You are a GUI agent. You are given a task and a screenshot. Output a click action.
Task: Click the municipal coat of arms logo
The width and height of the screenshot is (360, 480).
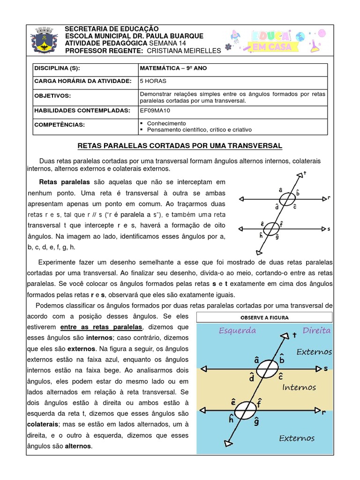click(x=45, y=40)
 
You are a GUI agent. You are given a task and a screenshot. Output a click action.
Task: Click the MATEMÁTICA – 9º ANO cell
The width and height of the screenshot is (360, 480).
click(x=173, y=68)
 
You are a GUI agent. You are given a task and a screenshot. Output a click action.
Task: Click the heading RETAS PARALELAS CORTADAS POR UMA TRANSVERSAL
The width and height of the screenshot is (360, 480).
click(x=180, y=146)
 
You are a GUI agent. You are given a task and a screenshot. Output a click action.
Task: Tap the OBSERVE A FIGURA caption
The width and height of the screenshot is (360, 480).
click(x=264, y=317)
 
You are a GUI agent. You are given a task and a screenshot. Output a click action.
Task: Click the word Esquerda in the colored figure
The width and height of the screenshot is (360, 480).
click(x=237, y=330)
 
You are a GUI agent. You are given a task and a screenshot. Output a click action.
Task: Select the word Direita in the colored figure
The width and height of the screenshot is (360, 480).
click(x=316, y=330)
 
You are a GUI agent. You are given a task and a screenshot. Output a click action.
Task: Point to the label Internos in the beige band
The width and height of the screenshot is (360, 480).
click(x=299, y=388)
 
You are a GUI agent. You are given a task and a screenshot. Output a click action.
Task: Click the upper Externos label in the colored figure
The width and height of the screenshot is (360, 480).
click(x=314, y=352)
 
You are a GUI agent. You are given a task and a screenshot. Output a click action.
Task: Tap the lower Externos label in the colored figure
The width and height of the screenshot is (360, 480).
click(x=297, y=438)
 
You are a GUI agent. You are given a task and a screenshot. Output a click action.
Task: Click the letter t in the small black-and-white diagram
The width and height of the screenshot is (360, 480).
click(x=305, y=173)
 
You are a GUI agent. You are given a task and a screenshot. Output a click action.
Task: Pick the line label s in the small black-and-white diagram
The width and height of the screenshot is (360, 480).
click(x=329, y=229)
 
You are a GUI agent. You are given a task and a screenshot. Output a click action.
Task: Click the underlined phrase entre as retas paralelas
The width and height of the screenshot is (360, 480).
click(x=101, y=326)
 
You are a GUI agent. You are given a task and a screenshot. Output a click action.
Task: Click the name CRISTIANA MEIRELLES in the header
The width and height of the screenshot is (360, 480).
click(x=187, y=50)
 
